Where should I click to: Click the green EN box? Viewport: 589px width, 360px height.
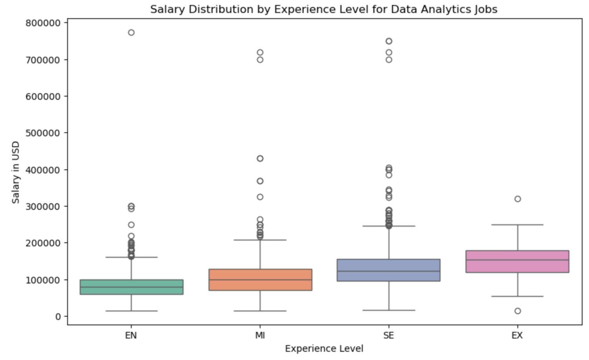131,287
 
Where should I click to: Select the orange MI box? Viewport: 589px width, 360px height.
260,280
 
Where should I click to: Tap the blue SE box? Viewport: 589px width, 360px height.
389,270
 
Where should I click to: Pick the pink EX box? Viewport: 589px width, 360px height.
518,261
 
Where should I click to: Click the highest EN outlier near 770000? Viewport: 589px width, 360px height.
131,33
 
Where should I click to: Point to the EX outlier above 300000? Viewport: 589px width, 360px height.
518,199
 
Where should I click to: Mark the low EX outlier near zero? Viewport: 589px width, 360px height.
518,311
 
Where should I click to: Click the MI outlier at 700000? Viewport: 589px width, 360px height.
260,60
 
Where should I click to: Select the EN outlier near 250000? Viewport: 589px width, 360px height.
131,225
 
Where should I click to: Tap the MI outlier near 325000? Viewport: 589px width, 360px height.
260,197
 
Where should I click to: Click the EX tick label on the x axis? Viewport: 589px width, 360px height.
517,336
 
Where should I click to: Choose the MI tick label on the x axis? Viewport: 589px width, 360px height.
260,336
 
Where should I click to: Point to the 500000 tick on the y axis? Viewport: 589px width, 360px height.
43,133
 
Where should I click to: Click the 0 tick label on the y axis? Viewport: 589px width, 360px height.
58,316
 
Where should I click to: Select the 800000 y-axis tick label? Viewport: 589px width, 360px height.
43,23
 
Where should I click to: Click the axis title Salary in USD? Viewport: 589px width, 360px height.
16,172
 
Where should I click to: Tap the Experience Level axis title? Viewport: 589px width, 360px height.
324,349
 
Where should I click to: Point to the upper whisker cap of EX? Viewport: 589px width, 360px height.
518,225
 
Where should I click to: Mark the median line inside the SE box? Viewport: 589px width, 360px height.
389,271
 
